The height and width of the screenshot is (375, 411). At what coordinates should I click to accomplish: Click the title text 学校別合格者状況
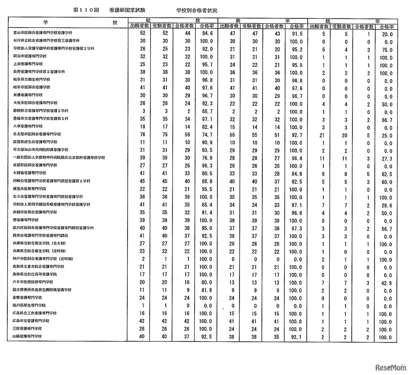[197, 10]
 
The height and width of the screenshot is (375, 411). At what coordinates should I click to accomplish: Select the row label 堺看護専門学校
[26, 220]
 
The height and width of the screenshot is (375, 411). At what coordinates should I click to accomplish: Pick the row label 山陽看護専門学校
[28, 336]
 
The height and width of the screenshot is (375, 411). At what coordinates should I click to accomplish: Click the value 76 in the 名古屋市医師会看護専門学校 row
[143, 134]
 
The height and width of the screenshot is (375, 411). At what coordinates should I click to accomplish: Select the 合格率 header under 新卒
[296, 26]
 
